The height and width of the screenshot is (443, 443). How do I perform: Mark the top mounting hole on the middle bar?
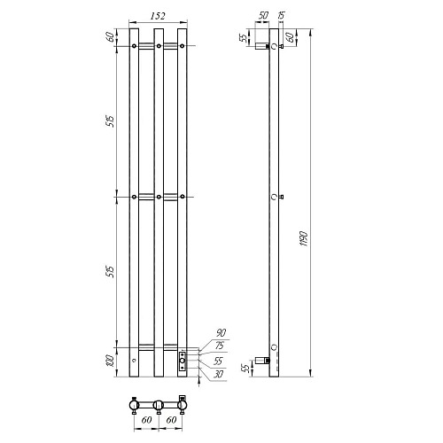(x=158, y=45)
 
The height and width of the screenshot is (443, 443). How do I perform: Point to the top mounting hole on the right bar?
(x=182, y=45)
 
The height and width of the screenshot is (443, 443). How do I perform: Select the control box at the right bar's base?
(x=182, y=359)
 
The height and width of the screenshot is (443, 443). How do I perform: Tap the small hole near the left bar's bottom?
(x=134, y=361)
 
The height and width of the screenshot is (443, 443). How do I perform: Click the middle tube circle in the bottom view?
(x=158, y=406)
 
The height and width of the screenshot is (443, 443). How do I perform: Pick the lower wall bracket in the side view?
(x=262, y=360)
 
